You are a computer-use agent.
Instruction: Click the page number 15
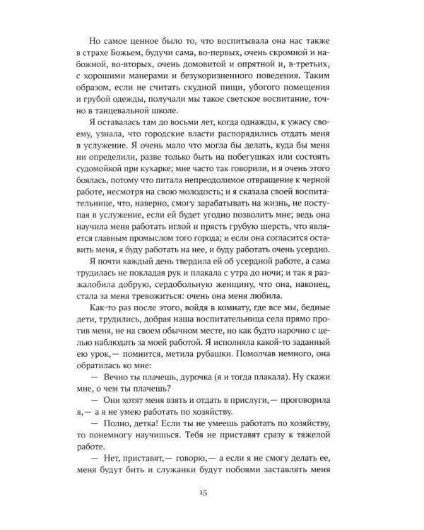click(x=212, y=492)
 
